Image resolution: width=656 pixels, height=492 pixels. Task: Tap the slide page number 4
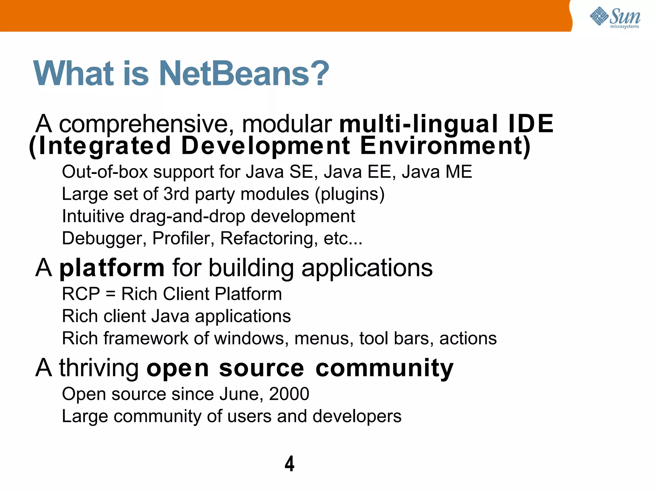coord(289,463)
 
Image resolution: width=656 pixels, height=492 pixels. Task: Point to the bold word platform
coord(112,268)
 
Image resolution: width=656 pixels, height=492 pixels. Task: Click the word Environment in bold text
coord(445,146)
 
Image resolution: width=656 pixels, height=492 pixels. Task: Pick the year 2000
coord(289,394)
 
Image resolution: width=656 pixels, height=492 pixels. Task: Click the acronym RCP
coord(81,294)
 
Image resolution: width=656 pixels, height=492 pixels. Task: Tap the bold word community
coord(384,368)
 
